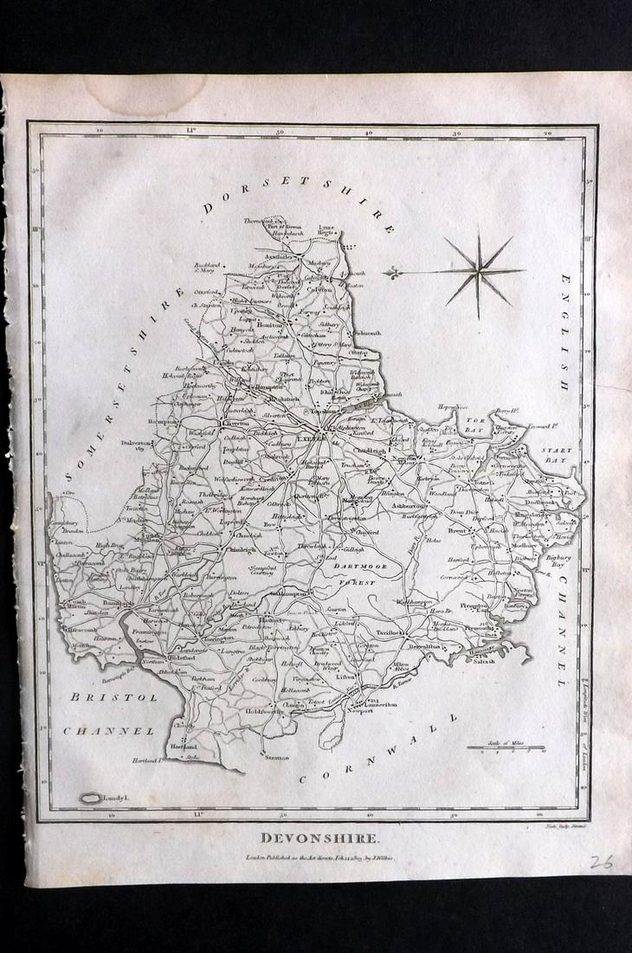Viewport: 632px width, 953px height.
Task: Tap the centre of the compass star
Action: [477, 271]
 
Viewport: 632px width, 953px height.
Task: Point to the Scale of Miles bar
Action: [506, 747]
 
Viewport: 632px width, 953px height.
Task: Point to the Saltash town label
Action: [483, 661]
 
